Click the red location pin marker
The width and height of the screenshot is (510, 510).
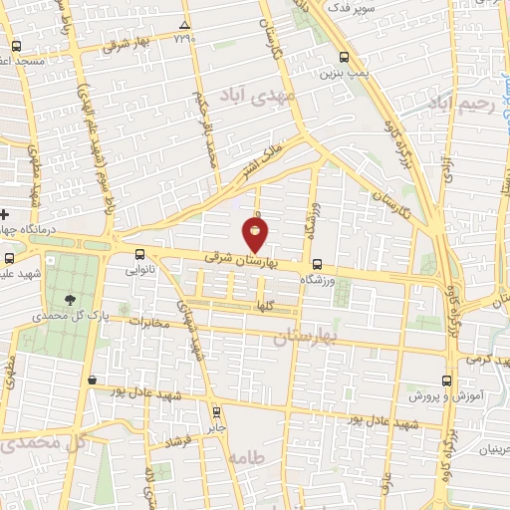coord(255,234)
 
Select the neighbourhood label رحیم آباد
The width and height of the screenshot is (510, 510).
coord(460,103)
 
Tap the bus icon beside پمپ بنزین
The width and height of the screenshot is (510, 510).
coord(345,57)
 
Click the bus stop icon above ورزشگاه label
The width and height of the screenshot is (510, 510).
coord(317,264)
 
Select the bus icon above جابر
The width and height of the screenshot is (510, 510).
coord(216,409)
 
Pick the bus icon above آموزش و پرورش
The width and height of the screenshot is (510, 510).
coord(445,380)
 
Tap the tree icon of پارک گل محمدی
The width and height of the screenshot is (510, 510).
coord(69,299)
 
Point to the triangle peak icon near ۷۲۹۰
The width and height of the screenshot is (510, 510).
coord(184,25)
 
